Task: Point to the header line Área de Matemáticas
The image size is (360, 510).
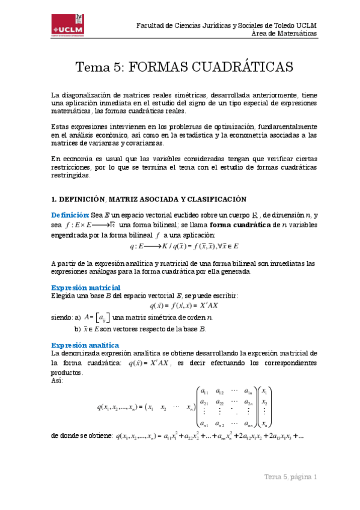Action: pos(284,34)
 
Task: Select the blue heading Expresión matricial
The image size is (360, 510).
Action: pos(85,287)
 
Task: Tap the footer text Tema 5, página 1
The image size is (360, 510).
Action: pos(290,477)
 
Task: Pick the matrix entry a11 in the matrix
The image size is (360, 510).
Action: pos(205,392)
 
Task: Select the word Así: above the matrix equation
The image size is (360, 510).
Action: pos(58,381)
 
